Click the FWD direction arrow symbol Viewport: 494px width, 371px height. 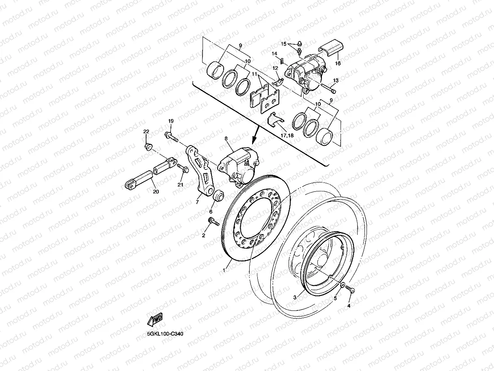(x=155, y=319)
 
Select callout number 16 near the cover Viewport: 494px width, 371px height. (x=338, y=63)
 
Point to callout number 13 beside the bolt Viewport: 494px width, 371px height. (x=336, y=80)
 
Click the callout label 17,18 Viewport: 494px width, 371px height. (x=286, y=135)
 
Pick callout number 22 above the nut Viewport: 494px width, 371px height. (x=146, y=132)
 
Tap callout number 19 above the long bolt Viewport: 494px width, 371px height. (x=171, y=121)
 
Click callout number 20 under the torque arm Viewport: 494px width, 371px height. (x=155, y=191)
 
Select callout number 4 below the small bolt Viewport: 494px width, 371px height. (x=348, y=306)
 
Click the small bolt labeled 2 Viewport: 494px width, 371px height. (x=213, y=221)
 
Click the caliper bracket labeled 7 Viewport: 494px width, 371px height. (x=200, y=171)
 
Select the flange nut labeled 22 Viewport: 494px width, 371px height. (x=148, y=146)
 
